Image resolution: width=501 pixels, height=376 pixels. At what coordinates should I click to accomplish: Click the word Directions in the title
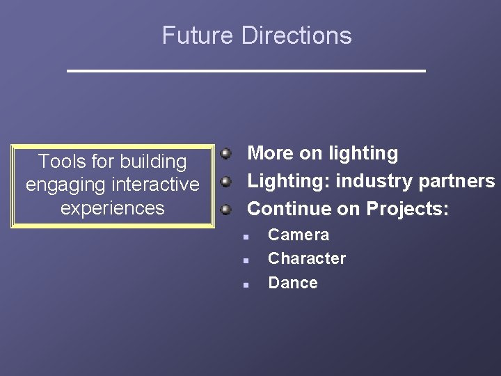coord(296,36)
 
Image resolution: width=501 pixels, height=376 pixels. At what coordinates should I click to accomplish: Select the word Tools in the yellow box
coord(60,162)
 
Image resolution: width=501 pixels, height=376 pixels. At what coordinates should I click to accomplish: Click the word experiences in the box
coord(113,208)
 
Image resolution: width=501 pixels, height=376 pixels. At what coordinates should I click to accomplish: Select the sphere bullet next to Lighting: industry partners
coord(225,181)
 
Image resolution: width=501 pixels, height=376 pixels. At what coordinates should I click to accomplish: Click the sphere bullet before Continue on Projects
coord(225,208)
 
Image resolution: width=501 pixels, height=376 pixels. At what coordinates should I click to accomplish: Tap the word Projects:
coord(408,208)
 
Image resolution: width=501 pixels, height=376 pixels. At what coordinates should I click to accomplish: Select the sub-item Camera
coord(299,235)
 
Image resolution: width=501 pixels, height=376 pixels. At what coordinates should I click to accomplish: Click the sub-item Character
coord(307,258)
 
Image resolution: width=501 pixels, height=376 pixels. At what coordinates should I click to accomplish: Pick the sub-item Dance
coord(293,283)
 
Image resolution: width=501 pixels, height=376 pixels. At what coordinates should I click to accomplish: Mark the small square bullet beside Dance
coord(246,285)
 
